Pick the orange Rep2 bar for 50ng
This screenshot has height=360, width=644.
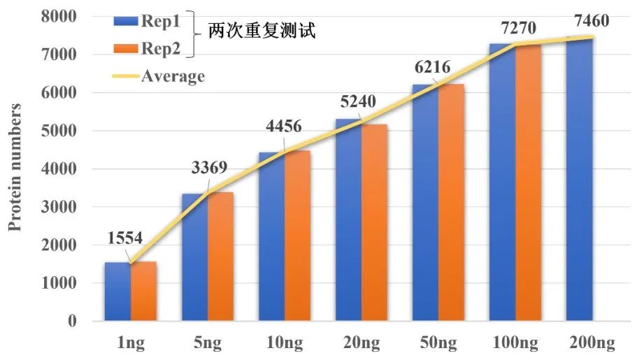tap(452, 203)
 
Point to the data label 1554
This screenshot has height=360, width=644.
tap(126, 238)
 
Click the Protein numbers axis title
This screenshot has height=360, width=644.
tap(15, 168)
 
